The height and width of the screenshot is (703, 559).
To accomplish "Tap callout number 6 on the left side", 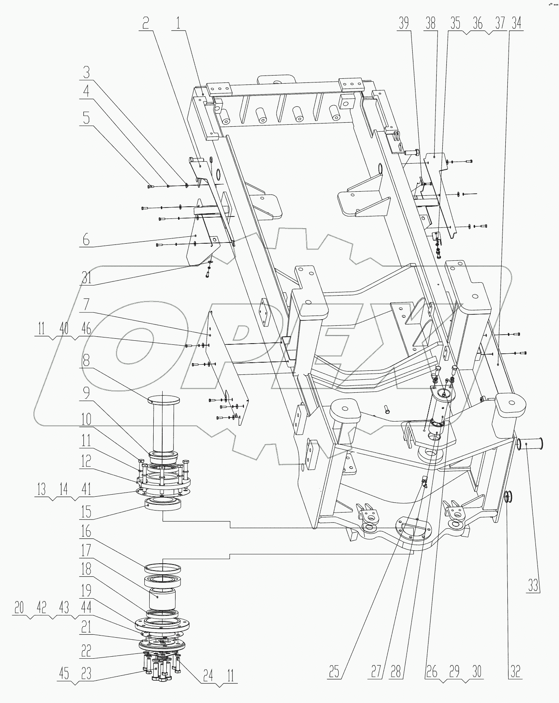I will click(x=86, y=240).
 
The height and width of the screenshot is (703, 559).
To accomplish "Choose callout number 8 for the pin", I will click(x=87, y=359).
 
